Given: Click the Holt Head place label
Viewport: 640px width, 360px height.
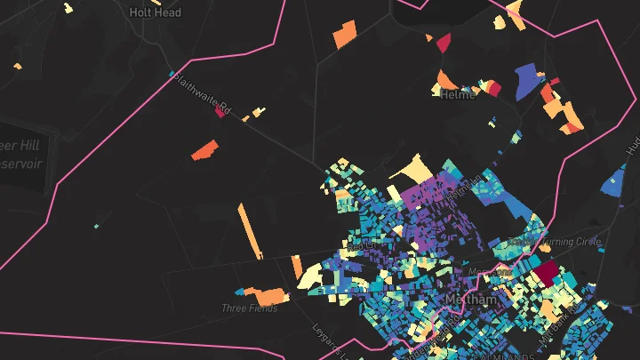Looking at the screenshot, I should [x=155, y=12].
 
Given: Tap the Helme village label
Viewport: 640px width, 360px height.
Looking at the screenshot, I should [x=459, y=94].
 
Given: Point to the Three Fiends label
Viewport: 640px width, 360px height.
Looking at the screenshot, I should [x=250, y=308].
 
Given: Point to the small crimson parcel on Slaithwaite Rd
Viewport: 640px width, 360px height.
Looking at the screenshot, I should [x=220, y=112].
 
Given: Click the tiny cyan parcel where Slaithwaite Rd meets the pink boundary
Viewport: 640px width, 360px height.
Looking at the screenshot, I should [x=171, y=73].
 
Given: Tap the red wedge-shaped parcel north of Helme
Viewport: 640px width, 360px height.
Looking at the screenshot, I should [x=444, y=42].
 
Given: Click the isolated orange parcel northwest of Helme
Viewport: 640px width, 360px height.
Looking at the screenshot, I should [x=343, y=36].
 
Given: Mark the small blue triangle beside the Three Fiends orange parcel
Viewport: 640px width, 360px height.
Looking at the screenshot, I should [x=240, y=291].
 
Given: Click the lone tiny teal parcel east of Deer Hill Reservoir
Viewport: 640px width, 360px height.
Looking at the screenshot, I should [x=96, y=226].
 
